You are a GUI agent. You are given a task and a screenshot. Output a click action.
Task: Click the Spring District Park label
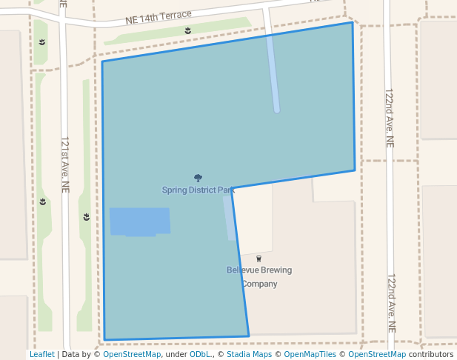198,190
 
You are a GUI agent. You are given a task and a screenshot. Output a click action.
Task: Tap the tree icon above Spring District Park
198,179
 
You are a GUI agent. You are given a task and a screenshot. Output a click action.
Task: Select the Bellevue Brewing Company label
259,276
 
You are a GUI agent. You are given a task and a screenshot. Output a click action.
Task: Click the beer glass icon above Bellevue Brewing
259,259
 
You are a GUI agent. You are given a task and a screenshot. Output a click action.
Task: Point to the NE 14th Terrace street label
159,16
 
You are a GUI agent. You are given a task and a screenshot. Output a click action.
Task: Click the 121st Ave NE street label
64,164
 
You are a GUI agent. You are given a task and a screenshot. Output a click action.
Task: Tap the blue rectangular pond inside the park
140,221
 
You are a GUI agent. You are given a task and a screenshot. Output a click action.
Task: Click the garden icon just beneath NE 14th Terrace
187,30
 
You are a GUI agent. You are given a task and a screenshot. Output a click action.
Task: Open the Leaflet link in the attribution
41,355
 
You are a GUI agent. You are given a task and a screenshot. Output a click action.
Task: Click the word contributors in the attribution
431,355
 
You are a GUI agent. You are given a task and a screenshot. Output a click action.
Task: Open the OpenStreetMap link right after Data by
132,355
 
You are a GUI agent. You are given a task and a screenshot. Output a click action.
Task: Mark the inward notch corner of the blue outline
232,188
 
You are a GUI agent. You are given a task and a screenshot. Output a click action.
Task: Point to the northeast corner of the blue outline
352,22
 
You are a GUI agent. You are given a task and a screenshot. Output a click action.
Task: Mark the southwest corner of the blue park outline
104,340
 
